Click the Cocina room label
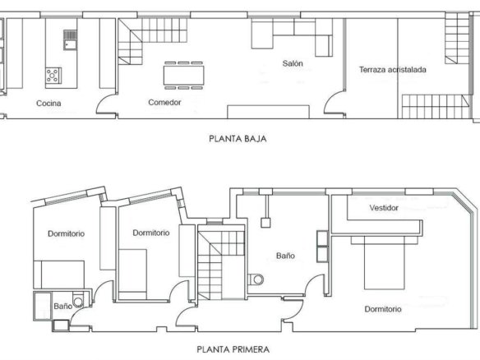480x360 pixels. [48, 104]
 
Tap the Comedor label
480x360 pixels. [164, 102]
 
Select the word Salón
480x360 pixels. [293, 63]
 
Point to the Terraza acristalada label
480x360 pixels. [392, 70]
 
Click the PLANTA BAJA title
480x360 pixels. [238, 139]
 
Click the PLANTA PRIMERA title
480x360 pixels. [233, 349]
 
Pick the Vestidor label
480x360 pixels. [384, 208]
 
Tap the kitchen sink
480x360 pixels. [70, 39]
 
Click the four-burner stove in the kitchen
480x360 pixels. [53, 76]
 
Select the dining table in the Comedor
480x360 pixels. [183, 76]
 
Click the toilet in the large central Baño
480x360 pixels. [256, 279]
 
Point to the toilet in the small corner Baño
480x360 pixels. [78, 301]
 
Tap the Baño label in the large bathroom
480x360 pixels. [285, 256]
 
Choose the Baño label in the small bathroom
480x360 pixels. [63, 306]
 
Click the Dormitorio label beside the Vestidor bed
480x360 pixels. [383, 309]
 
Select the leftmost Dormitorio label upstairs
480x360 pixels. [66, 233]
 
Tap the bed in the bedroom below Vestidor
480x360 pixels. [384, 263]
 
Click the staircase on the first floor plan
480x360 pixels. [221, 262]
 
